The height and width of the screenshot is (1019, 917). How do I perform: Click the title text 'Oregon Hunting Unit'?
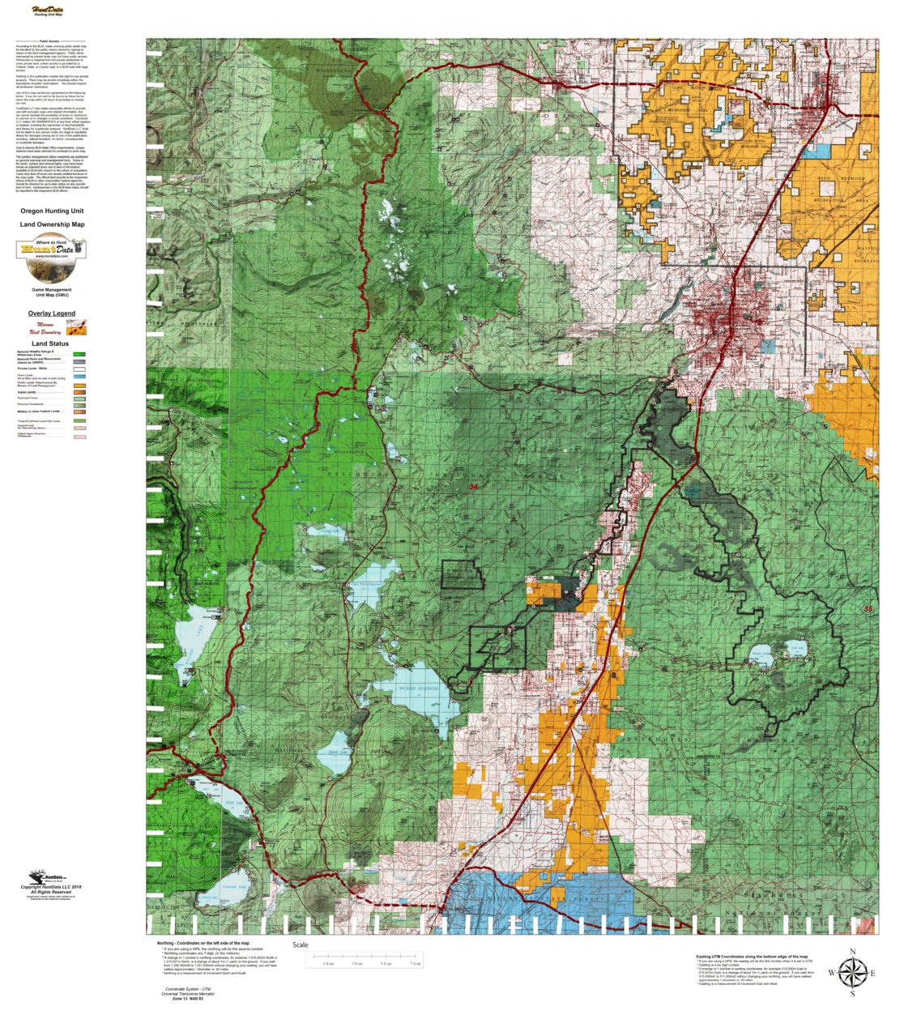(x=52, y=211)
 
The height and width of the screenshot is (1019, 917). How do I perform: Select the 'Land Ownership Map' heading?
(x=52, y=224)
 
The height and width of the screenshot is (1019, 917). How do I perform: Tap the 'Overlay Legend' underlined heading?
(x=51, y=313)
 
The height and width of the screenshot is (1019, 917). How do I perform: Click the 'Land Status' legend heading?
(x=50, y=343)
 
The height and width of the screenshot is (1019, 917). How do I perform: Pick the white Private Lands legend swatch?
(x=79, y=369)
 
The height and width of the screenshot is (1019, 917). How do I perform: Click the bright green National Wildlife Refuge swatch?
(x=79, y=354)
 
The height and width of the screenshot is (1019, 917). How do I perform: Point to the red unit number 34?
(x=473, y=487)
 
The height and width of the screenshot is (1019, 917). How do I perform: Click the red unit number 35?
(x=868, y=609)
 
